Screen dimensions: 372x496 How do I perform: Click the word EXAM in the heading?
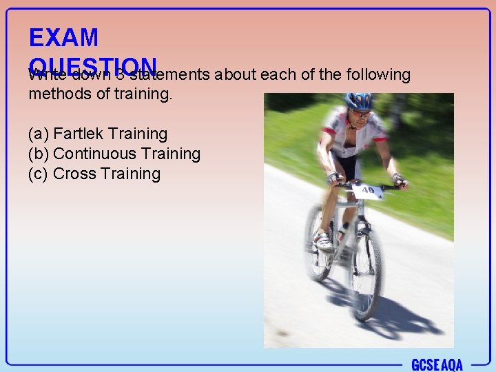click(63, 37)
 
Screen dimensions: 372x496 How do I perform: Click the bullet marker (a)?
click(39, 134)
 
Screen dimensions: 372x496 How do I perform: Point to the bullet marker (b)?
click(39, 154)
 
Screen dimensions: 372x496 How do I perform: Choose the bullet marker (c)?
click(39, 174)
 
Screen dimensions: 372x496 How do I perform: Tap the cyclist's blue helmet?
click(358, 101)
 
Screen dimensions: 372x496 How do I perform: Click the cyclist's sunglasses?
click(359, 112)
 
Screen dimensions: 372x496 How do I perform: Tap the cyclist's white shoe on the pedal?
click(322, 240)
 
